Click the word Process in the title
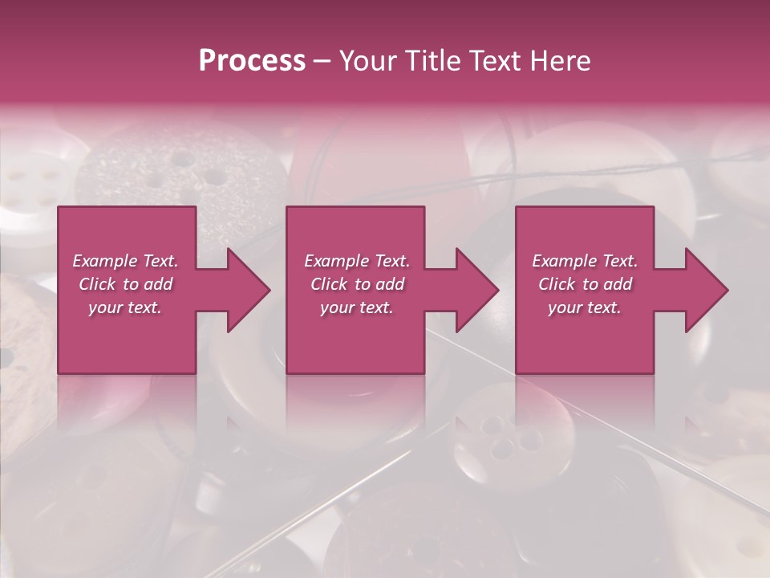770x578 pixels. pos(252,61)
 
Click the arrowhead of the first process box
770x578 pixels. pos(248,290)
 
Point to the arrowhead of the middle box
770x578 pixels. pos(476,290)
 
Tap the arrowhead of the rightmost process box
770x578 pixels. pos(706,290)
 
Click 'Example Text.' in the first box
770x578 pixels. pos(126,261)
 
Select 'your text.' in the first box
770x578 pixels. pos(126,307)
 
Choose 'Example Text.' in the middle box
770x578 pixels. pos(357,261)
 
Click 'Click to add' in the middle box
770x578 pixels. pos(357,284)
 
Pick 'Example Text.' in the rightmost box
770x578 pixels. pos(585,261)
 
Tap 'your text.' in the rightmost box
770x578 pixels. pos(585,307)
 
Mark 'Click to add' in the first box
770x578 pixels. pos(126,284)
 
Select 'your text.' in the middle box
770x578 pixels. pos(357,307)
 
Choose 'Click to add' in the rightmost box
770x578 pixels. pos(585,284)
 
